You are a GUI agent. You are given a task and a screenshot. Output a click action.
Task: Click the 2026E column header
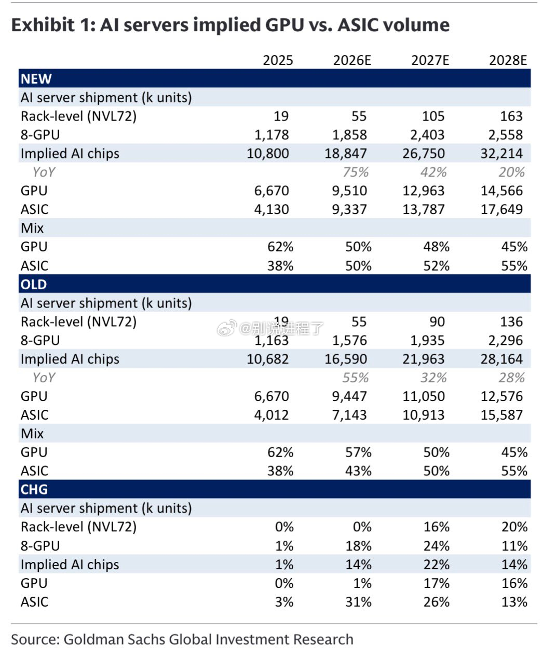(352, 60)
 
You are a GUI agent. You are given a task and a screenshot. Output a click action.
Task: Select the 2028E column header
(508, 60)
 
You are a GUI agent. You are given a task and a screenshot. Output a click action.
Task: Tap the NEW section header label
(36, 78)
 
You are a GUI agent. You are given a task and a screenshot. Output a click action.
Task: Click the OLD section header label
(34, 284)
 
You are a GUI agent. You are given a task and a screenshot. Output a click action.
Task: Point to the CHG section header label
(34, 489)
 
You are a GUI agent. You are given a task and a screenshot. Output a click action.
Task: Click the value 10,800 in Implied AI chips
(267, 153)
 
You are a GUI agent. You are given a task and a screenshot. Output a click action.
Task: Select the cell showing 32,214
(501, 153)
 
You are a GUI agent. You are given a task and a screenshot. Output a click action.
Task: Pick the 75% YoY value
(356, 172)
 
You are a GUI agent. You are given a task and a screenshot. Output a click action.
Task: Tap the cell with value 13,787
(424, 209)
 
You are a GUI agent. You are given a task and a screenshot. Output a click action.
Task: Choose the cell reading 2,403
(427, 135)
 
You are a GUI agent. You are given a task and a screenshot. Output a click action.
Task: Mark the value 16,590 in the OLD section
(345, 359)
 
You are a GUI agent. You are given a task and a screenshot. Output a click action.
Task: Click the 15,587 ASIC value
(501, 414)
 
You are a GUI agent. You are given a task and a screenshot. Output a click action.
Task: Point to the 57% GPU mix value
(358, 452)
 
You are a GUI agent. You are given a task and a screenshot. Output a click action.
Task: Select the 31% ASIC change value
(358, 602)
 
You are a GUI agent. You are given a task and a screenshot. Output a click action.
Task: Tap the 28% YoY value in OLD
(512, 377)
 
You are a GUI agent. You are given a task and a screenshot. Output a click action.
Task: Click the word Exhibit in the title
(43, 25)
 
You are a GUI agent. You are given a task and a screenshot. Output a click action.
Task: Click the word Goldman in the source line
(89, 639)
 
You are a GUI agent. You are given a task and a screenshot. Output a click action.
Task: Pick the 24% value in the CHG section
(436, 546)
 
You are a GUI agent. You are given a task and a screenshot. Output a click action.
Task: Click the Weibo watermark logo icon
(227, 328)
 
